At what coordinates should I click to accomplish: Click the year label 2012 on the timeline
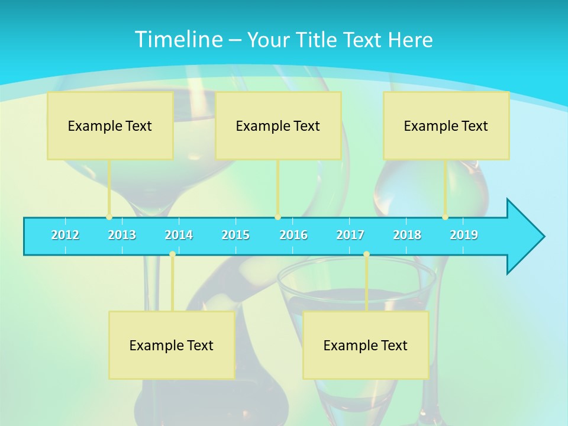tap(65, 235)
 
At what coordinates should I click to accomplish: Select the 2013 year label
tap(122, 235)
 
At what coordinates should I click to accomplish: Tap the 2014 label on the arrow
tap(179, 235)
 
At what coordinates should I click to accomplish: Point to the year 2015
tap(235, 235)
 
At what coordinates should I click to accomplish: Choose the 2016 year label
tap(293, 235)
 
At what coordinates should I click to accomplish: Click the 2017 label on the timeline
tap(350, 235)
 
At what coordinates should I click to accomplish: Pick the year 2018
tap(407, 235)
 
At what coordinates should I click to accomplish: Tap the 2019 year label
tap(464, 235)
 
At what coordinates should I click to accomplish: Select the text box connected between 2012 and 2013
tap(110, 126)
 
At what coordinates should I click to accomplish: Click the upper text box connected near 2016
tap(278, 126)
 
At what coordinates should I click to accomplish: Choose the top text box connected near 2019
tap(446, 126)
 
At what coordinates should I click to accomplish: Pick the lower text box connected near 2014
tap(172, 345)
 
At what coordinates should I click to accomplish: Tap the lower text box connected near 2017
tap(366, 345)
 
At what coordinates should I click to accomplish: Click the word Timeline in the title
tap(177, 40)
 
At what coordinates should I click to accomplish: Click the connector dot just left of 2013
tap(109, 217)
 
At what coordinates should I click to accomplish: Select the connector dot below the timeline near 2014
tap(172, 254)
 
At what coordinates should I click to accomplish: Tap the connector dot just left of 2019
tap(445, 217)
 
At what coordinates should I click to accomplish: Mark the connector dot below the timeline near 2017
tap(366, 254)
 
